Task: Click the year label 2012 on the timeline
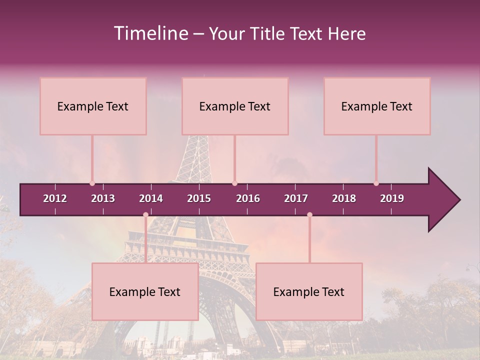coord(55,198)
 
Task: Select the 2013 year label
coord(103,198)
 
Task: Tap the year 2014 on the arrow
coord(151,198)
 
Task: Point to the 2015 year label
coord(199,198)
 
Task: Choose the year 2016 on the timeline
coord(248,198)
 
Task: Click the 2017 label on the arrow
coord(296,198)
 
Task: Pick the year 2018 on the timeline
coord(344,198)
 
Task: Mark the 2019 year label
coord(392,198)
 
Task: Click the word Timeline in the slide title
coord(150,33)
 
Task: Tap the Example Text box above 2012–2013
coord(93,106)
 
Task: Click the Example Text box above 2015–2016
coord(235,106)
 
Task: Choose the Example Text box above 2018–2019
coord(377,106)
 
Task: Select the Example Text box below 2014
coord(145,291)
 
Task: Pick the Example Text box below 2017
coord(309,291)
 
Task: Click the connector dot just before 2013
coord(92,183)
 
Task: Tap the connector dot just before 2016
coord(234,183)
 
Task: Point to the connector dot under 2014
coord(145,214)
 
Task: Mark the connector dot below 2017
coord(309,214)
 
